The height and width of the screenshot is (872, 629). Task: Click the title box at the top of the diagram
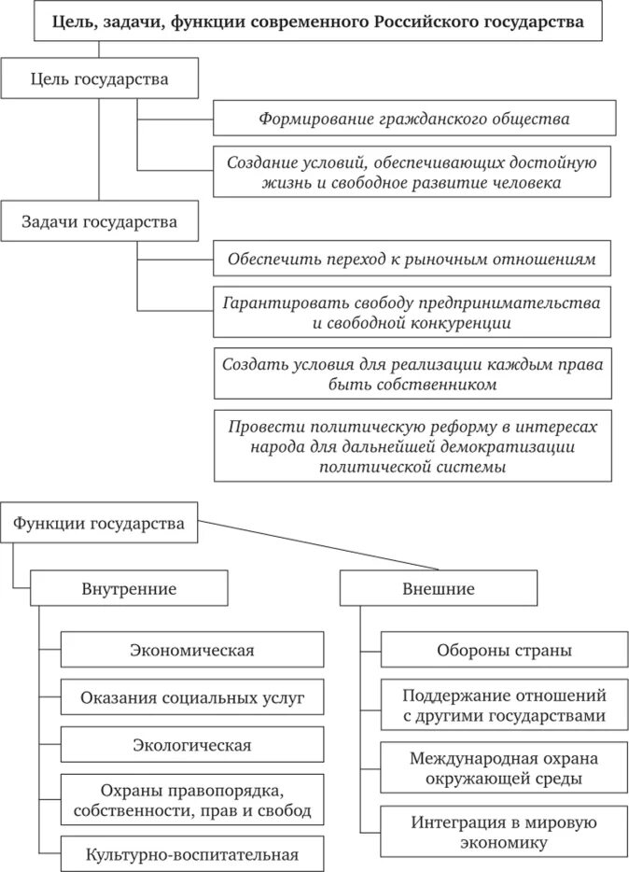[317, 21]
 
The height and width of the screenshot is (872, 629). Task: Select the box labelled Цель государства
[100, 79]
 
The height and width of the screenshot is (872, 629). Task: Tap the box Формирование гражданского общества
[413, 119]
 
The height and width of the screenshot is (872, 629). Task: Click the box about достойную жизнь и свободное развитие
[413, 172]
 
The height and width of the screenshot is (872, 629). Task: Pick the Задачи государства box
[100, 222]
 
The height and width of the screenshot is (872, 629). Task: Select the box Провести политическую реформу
[412, 445]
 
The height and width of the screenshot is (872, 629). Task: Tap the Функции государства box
[99, 523]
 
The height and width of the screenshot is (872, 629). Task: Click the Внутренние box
[129, 589]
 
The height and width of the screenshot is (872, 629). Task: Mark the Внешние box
[438, 589]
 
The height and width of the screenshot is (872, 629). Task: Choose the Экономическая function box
[192, 650]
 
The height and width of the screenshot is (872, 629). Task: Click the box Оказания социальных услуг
[192, 697]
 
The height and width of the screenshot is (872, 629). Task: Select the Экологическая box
[192, 745]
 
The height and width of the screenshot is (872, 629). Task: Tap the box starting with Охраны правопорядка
[192, 799]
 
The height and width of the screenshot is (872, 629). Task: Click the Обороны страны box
[504, 650]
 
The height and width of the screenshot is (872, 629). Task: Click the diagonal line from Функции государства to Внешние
[317, 545]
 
